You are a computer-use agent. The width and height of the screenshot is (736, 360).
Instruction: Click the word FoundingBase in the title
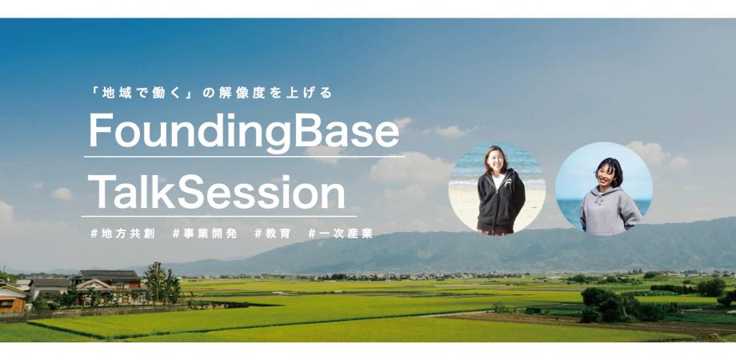[244, 132]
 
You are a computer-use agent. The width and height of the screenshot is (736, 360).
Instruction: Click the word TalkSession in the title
[217, 192]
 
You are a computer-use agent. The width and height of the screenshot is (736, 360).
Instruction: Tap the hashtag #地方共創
[122, 234]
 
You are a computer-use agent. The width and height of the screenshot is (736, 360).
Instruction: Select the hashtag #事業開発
[205, 234]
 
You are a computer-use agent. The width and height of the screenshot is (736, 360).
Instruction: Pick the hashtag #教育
[273, 234]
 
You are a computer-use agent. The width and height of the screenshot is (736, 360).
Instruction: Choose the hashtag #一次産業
[341, 234]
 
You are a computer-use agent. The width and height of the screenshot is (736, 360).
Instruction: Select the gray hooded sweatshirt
[610, 210]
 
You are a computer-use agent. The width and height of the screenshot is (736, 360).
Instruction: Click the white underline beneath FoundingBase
[244, 157]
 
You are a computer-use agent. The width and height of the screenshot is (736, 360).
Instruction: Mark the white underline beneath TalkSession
[218, 216]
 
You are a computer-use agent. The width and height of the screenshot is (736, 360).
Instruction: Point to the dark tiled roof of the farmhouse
[109, 276]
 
